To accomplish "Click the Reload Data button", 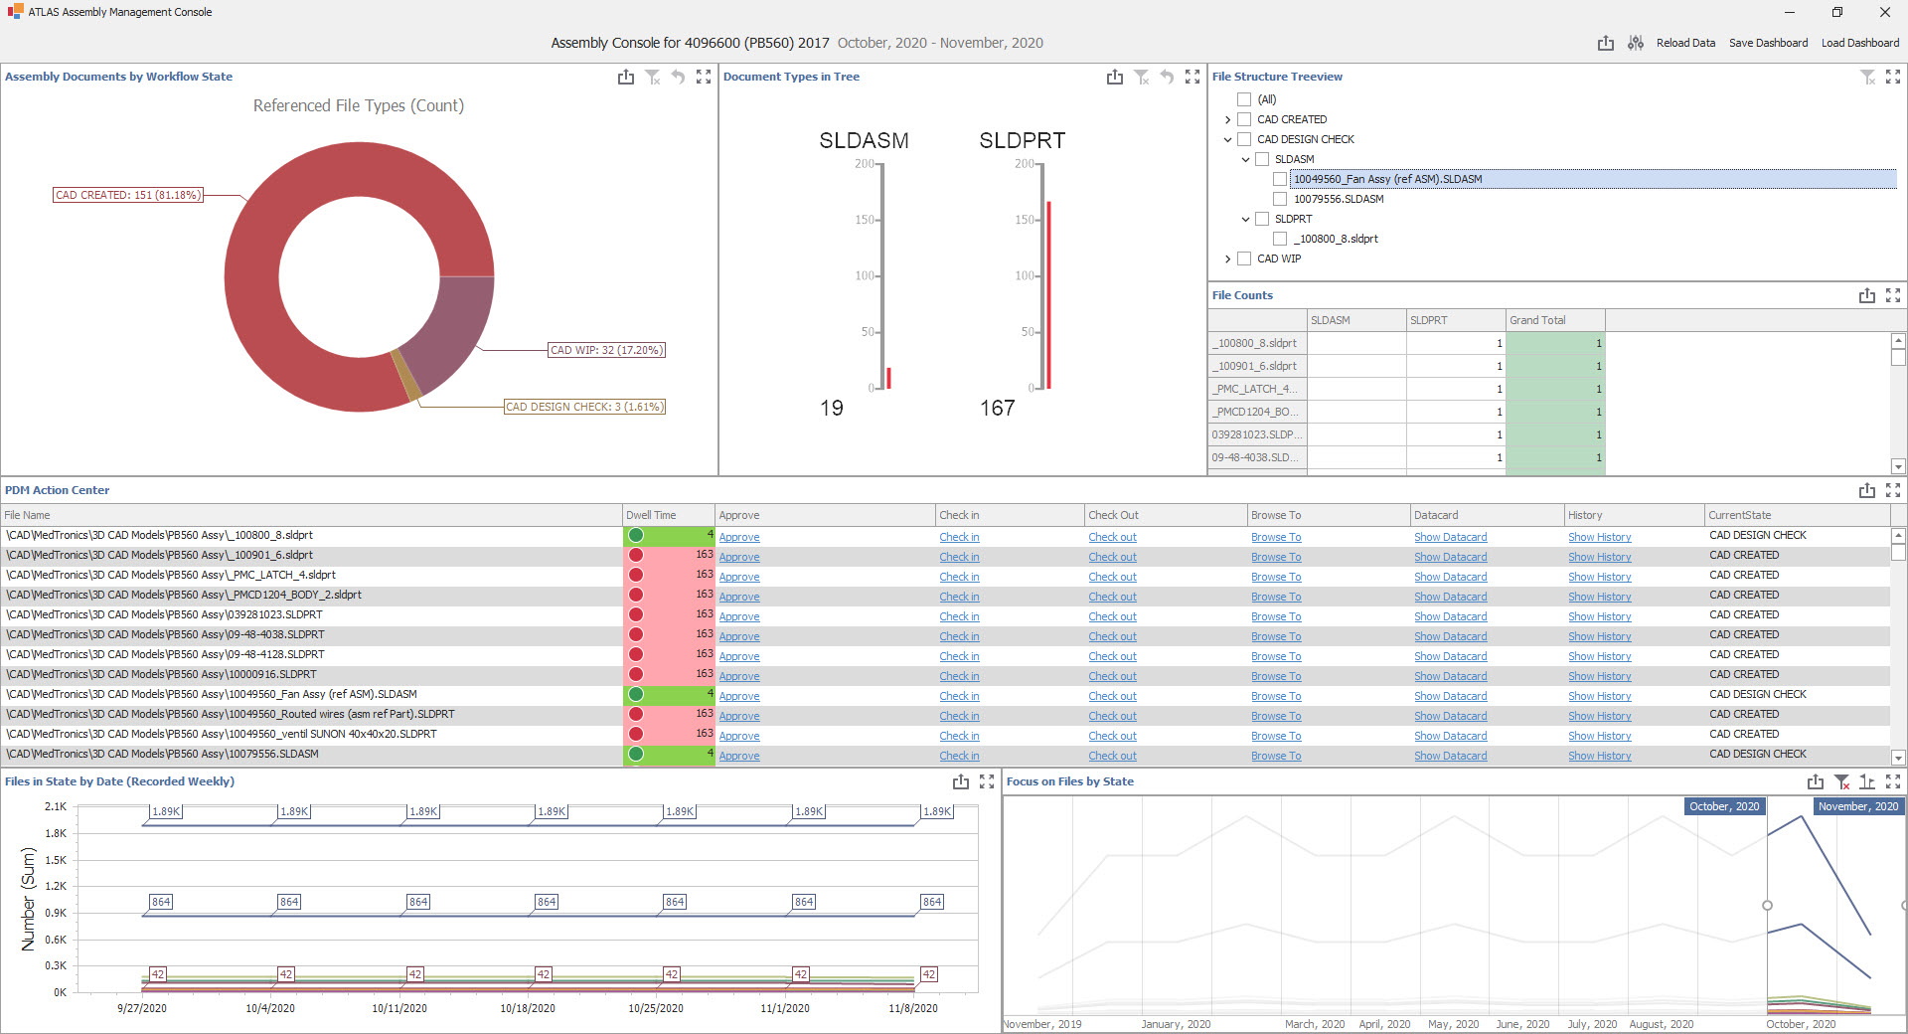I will coord(1685,43).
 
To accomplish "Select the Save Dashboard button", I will coord(1768,43).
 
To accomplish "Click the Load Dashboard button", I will coord(1859,43).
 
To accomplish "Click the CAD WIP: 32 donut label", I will coord(606,350).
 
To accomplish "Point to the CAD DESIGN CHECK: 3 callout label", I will coord(584,407).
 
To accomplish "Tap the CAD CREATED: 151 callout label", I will coord(127,195).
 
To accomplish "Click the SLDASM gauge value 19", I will coord(832,408).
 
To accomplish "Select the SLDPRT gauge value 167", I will coord(998,408).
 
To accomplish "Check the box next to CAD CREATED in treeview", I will coord(1244,119).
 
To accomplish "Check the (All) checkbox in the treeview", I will coord(1244,99).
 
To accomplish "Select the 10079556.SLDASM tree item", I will coord(1338,199).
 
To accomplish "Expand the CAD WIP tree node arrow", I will coord(1228,258).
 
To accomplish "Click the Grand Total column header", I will coord(1537,320).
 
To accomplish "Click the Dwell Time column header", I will coord(651,515).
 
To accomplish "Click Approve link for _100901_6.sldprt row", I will coord(739,557).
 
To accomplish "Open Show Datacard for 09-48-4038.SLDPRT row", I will coord(1450,636).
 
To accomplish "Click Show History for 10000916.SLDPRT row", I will coord(1599,676).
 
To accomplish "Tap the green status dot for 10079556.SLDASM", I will coord(636,754).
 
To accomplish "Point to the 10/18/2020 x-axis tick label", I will coord(528,1008).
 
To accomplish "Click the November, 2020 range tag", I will coord(1857,806).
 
